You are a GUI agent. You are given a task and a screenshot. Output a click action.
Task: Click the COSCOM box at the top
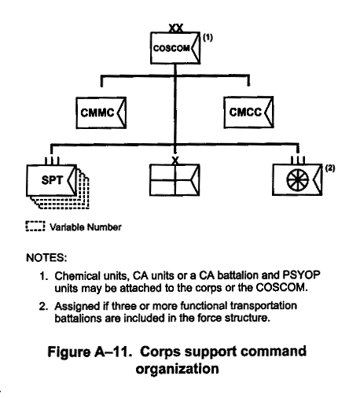[x=175, y=48]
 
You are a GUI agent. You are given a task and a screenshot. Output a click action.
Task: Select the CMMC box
[x=101, y=112]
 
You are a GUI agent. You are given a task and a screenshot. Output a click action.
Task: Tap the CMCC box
[x=248, y=112]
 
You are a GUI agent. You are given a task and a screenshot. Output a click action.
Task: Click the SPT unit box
[x=52, y=180]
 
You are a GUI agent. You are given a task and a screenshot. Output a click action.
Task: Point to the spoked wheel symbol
[x=297, y=180]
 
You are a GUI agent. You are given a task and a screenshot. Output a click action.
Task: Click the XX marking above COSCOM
[x=176, y=28]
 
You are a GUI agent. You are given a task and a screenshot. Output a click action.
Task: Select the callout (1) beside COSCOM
[x=208, y=38]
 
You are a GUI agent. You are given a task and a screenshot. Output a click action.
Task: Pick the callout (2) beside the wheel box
[x=330, y=168]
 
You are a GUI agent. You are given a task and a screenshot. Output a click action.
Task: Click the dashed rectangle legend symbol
[x=35, y=227]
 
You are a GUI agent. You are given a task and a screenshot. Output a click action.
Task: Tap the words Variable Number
[x=86, y=227]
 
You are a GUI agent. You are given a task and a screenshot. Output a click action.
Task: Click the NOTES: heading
[x=46, y=258]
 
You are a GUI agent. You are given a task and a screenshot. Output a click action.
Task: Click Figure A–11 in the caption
[x=90, y=352]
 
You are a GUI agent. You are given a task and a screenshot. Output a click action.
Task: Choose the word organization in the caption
[x=177, y=369]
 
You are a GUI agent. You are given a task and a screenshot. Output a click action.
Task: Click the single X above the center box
[x=175, y=160]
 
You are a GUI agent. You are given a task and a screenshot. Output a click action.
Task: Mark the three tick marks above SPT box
[x=52, y=160]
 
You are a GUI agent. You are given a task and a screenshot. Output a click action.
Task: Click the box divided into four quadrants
[x=174, y=180]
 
